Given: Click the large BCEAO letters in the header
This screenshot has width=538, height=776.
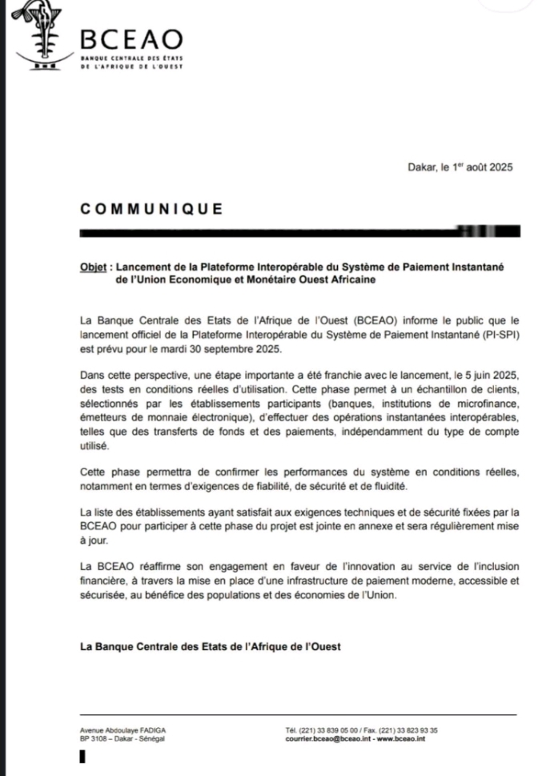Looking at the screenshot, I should click(x=132, y=38).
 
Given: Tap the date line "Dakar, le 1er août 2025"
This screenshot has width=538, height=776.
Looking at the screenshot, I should click(x=459, y=167).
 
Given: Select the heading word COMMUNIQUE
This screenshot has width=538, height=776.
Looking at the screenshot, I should click(x=152, y=210).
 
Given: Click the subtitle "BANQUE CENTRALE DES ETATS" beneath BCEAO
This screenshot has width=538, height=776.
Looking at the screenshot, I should click(x=132, y=60).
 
